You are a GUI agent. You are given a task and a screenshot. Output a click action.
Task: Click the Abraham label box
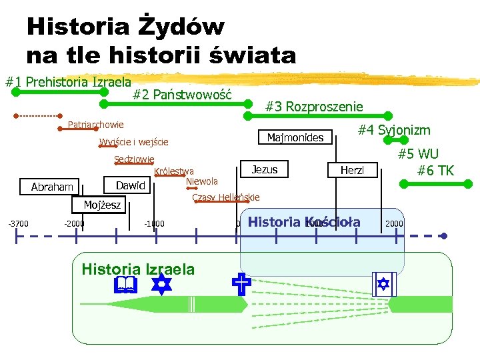tap(52, 187)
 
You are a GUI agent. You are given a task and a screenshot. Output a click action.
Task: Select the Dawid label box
tap(131, 185)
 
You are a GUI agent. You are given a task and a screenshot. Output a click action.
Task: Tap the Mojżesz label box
tap(102, 205)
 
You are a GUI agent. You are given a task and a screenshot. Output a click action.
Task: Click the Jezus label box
tap(265, 169)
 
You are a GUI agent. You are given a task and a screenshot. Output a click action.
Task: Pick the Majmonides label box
tap(295, 138)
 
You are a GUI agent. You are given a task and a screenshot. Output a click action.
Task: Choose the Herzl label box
tap(353, 171)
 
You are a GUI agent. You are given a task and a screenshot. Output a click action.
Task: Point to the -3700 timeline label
tap(18, 223)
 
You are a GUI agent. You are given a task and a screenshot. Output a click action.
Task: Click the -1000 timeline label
tap(154, 223)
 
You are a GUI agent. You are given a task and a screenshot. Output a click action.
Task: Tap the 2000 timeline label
tap(394, 223)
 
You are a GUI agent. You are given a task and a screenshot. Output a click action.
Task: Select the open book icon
tap(125, 286)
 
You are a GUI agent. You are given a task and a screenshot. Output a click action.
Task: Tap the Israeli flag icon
tap(383, 283)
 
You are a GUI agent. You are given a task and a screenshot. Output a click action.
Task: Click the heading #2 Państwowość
tap(182, 95)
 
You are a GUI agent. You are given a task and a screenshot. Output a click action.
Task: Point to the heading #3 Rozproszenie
tap(314, 107)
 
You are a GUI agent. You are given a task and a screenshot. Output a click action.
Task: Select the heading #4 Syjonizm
tap(394, 130)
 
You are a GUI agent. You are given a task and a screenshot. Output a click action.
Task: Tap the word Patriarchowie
tap(96, 125)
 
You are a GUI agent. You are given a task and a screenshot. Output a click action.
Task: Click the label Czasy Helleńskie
tap(225, 197)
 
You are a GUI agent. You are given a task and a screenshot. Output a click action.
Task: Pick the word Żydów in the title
tap(182, 27)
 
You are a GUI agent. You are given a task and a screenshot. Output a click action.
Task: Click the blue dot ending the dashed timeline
tap(444, 236)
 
